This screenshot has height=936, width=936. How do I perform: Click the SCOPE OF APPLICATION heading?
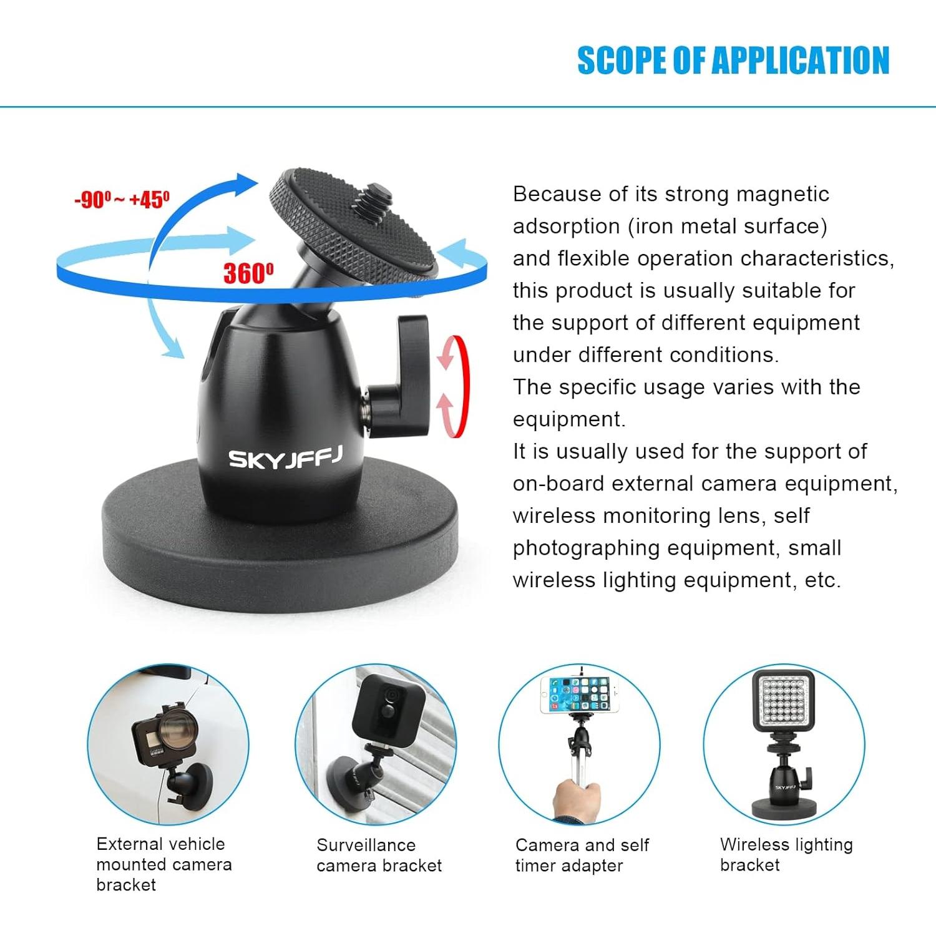pyautogui.click(x=733, y=61)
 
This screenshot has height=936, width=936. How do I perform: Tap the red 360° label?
pyautogui.click(x=248, y=273)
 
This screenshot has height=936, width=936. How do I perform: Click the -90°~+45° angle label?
pyautogui.click(x=122, y=200)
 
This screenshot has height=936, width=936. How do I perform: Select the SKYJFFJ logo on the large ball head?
pyautogui.click(x=285, y=458)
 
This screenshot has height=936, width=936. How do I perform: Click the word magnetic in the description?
pyautogui.click(x=782, y=194)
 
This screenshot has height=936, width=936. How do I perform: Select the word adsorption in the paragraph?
pyautogui.click(x=566, y=226)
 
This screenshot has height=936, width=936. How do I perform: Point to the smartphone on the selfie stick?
pyautogui.click(x=580, y=695)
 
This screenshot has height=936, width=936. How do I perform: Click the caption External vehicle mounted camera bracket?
pyautogui.click(x=163, y=864)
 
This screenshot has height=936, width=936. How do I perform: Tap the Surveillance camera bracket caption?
pyautogui.click(x=379, y=855)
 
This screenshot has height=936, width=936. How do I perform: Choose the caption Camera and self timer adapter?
pyautogui.click(x=582, y=855)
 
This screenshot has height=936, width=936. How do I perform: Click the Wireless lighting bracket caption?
pyautogui.click(x=786, y=854)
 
